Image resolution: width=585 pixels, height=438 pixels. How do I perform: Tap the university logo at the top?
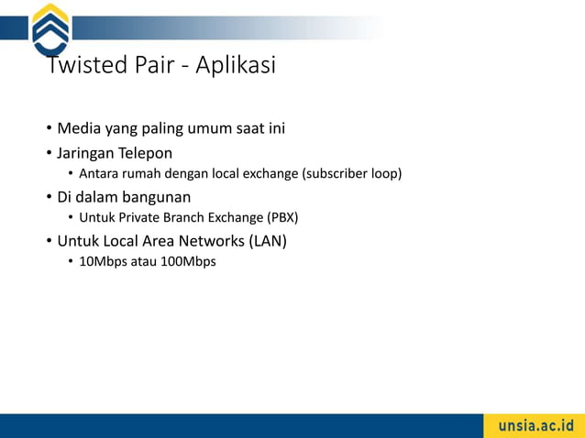pyautogui.click(x=50, y=29)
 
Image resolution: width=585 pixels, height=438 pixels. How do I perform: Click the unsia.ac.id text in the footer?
pyautogui.click(x=535, y=426)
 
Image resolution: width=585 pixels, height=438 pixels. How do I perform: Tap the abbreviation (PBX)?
pyautogui.click(x=282, y=217)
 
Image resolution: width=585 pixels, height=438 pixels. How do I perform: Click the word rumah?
pyautogui.click(x=143, y=173)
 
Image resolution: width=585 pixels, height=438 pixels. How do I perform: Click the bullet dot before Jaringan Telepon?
pyautogui.click(x=49, y=153)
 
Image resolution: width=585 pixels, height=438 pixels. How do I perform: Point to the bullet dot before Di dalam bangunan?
pyautogui.click(x=49, y=197)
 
